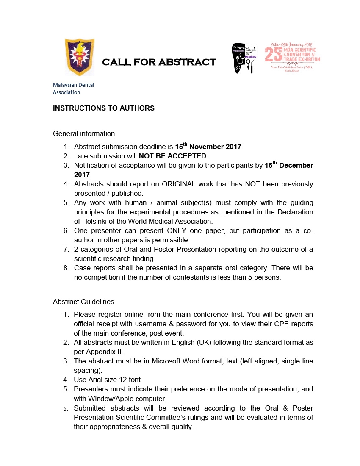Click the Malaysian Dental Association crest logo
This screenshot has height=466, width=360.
tap(79, 57)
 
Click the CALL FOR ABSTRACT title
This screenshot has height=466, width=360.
tap(159, 62)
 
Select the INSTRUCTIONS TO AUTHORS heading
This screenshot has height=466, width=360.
tap(104, 108)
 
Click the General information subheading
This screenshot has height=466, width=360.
tap(84, 133)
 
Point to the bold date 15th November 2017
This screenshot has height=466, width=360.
tap(208, 147)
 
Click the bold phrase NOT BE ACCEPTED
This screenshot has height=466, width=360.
tap(172, 156)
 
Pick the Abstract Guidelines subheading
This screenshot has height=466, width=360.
tap(83, 302)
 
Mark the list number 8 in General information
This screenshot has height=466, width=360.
tap(66, 268)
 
